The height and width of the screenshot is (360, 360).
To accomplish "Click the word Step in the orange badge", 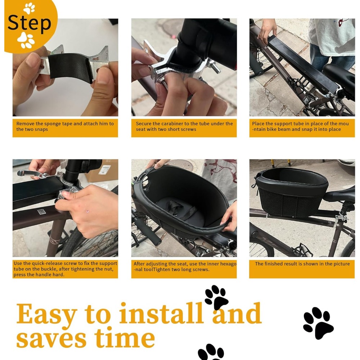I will coord(30,23).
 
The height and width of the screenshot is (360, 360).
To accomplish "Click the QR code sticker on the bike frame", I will coord(42,211).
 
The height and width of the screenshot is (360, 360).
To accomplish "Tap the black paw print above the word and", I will coord(216,297).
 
